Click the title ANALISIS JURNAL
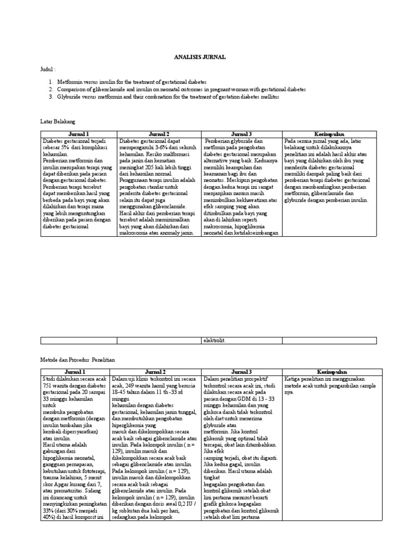(200, 57)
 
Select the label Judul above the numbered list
(47, 69)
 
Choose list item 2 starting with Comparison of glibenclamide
(181, 90)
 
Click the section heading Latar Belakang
(58, 121)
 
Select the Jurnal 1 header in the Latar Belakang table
(79, 134)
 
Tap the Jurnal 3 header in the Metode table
(242, 371)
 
